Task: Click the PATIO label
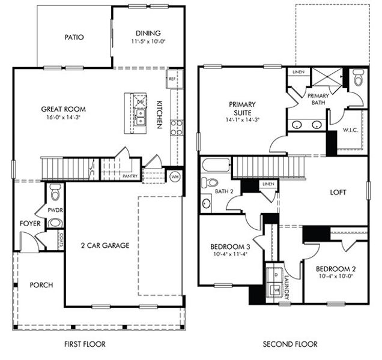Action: (x=74, y=37)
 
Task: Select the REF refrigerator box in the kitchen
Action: (x=172, y=79)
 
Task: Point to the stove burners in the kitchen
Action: (x=177, y=127)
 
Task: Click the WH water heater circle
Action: (x=175, y=176)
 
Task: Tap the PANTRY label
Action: (x=130, y=176)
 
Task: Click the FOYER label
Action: (x=30, y=223)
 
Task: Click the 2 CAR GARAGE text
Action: (x=105, y=245)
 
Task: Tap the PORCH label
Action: (x=41, y=284)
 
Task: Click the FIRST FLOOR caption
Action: (x=85, y=344)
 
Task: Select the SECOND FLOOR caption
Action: (x=290, y=344)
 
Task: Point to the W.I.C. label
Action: (x=350, y=130)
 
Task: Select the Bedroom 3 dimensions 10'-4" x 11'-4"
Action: (x=230, y=254)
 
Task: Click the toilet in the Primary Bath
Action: (x=359, y=77)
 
